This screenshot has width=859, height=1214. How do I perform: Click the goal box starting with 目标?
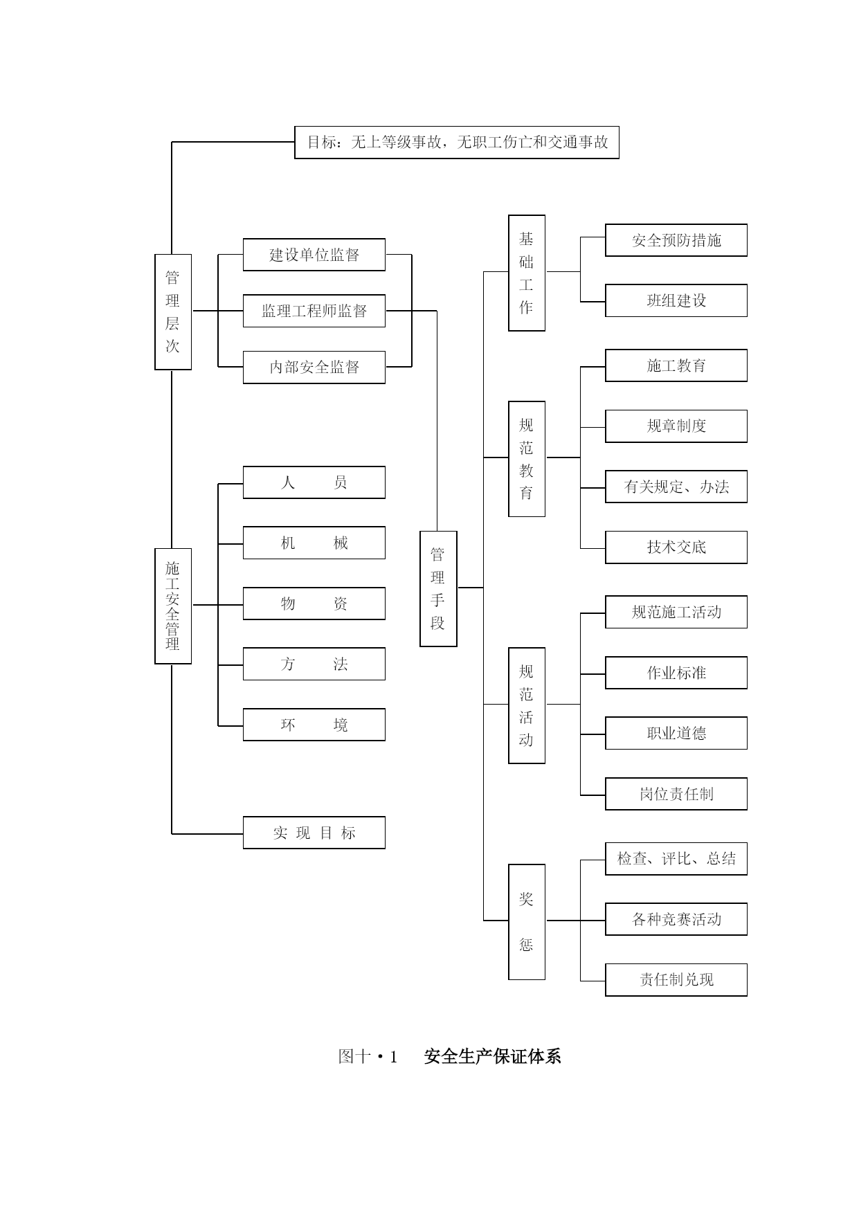click(x=457, y=143)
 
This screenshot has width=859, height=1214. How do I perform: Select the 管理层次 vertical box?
click(x=173, y=312)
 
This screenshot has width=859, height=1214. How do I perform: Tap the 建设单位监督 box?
click(x=314, y=255)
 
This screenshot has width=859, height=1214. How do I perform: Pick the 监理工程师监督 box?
click(x=314, y=311)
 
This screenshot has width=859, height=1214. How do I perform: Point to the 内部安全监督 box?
click(x=314, y=367)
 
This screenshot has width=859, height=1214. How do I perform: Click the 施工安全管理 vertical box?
click(x=173, y=606)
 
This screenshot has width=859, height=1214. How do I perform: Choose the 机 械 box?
click(x=314, y=543)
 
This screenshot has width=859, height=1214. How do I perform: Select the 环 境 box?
click(x=314, y=725)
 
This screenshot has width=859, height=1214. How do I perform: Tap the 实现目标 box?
click(x=314, y=833)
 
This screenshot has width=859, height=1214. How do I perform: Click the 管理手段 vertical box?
click(x=438, y=589)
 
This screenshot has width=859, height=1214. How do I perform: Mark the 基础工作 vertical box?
click(x=527, y=273)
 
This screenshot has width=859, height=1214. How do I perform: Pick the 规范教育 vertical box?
click(x=527, y=459)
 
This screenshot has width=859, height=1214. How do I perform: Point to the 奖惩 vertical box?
click(x=527, y=922)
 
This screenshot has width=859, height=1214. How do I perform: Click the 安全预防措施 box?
click(x=676, y=240)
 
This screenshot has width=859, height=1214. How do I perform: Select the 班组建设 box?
click(x=676, y=300)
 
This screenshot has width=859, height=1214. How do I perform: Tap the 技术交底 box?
click(x=676, y=547)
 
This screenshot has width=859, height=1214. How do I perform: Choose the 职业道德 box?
click(x=676, y=733)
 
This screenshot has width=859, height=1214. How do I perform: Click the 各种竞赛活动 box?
click(x=676, y=919)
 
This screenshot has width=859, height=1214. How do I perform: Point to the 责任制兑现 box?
click(x=676, y=980)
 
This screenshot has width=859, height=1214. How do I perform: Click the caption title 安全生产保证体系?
click(x=492, y=1056)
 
